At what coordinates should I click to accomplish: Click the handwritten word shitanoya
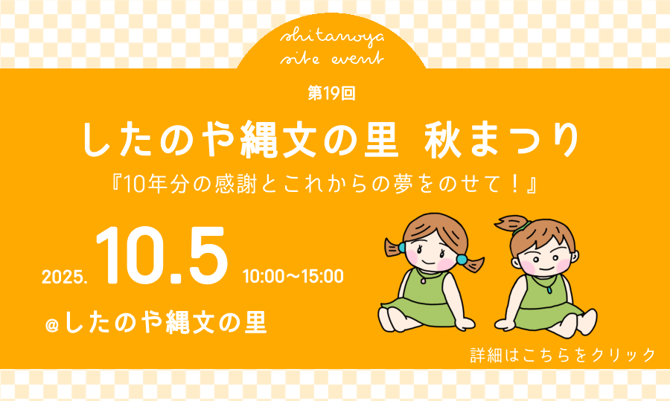(332, 38)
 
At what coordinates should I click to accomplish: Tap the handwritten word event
(358, 59)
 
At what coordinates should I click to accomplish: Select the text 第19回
(331, 93)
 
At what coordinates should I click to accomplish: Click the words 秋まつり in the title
(502, 140)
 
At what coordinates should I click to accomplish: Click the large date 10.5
(162, 255)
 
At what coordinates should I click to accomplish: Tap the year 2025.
(65, 278)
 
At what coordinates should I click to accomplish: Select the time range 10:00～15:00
(293, 276)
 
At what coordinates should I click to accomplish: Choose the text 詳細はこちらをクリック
(563, 356)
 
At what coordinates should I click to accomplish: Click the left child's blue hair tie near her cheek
(402, 247)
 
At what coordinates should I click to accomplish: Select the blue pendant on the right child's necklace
(549, 290)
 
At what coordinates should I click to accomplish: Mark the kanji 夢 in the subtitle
(403, 185)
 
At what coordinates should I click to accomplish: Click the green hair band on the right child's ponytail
(522, 227)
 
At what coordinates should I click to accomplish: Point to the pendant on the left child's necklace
(423, 281)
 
